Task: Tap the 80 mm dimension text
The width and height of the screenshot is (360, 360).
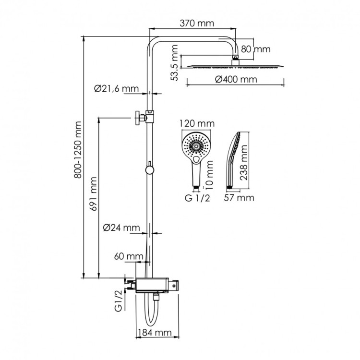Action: coord(255,49)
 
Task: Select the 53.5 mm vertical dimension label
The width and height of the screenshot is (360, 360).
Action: coord(175,62)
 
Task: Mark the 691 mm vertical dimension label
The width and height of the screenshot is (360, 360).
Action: coord(94,193)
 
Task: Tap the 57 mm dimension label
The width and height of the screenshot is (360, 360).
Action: coord(240,197)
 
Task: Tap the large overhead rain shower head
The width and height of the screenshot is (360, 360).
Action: coord(235,66)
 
